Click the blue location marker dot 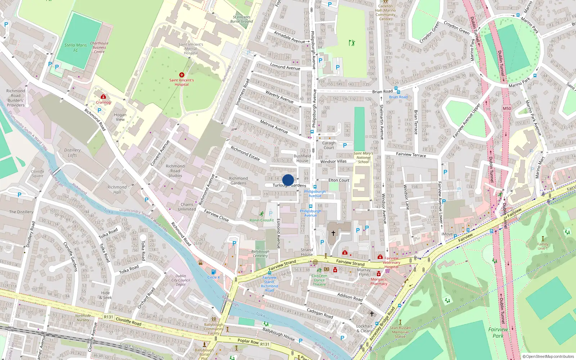288,180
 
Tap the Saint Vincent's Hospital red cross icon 182,75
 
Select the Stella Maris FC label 76,48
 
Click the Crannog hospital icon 103,96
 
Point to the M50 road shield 507,108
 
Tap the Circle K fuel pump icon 213,272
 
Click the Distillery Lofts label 72,153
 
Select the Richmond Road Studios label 175,171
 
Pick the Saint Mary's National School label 363,158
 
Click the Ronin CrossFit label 262,220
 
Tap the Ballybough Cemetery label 260,253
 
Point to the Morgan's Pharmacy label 379,282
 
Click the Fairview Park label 498,333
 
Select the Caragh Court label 329,145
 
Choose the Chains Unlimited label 187,207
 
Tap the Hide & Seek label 107,295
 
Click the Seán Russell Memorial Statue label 400,332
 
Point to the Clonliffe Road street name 128,321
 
